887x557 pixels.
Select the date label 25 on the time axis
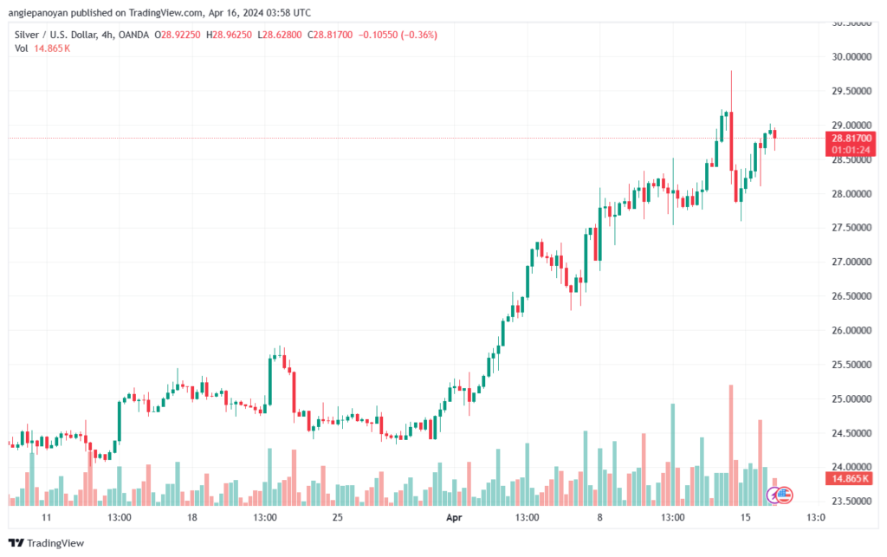point(338,517)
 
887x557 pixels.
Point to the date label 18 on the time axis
point(192,517)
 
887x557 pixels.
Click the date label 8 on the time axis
point(599,517)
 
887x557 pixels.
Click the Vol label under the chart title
point(22,49)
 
